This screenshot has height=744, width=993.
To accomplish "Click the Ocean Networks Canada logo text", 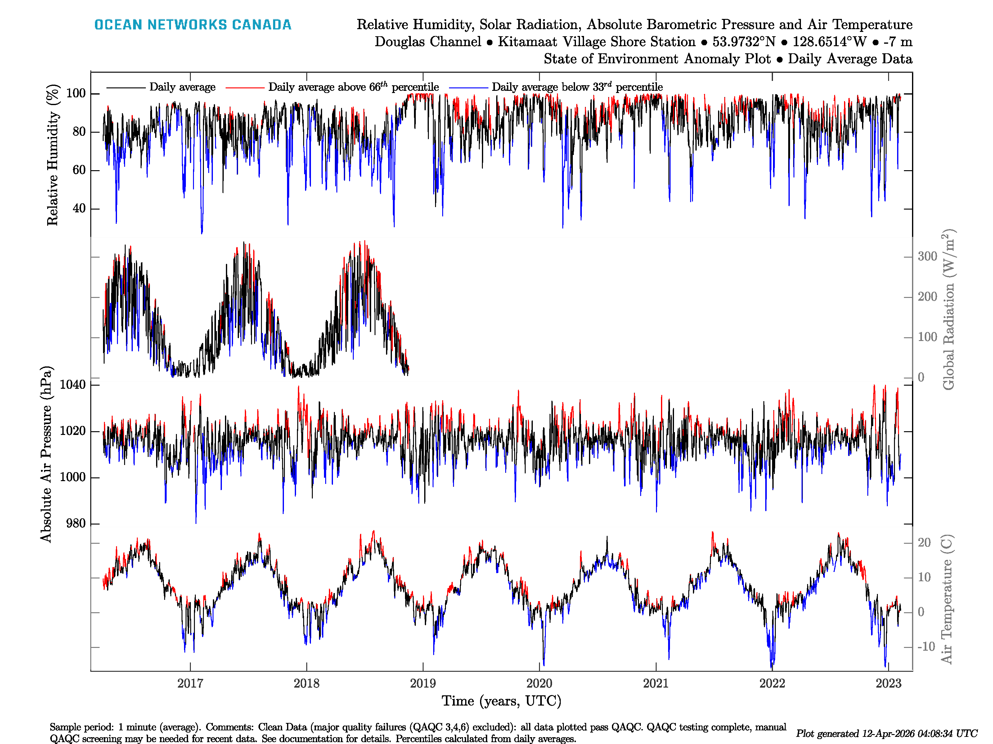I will pyautogui.click(x=193, y=25).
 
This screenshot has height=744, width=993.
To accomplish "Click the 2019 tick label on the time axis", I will pyautogui.click(x=423, y=684).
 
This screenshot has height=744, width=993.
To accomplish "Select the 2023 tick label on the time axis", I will pyautogui.click(x=888, y=684).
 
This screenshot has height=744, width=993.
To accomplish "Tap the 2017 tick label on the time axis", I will pyautogui.click(x=190, y=684).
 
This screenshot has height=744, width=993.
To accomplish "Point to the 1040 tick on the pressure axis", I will pyautogui.click(x=72, y=385).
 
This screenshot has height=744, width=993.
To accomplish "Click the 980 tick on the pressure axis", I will pyautogui.click(x=75, y=523).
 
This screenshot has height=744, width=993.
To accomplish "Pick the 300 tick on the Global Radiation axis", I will pyautogui.click(x=928, y=256).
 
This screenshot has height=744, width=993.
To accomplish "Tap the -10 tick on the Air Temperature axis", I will pyautogui.click(x=926, y=647).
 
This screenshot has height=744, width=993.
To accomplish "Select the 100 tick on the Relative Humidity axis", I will pyautogui.click(x=76, y=94).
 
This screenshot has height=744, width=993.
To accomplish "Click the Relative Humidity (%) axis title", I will pyautogui.click(x=53, y=155).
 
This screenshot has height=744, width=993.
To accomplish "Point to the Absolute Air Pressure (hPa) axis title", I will pyautogui.click(x=46, y=454).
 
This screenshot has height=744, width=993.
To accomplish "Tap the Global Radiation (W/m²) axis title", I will pyautogui.click(x=948, y=309).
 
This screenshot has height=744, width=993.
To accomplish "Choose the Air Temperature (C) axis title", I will pyautogui.click(x=946, y=599).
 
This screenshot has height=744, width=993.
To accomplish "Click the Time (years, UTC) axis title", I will pyautogui.click(x=501, y=701).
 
